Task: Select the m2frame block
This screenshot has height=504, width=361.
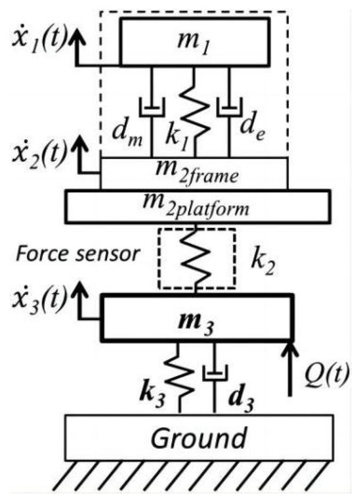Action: coord(194,173)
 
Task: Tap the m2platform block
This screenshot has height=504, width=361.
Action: coord(196,206)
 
